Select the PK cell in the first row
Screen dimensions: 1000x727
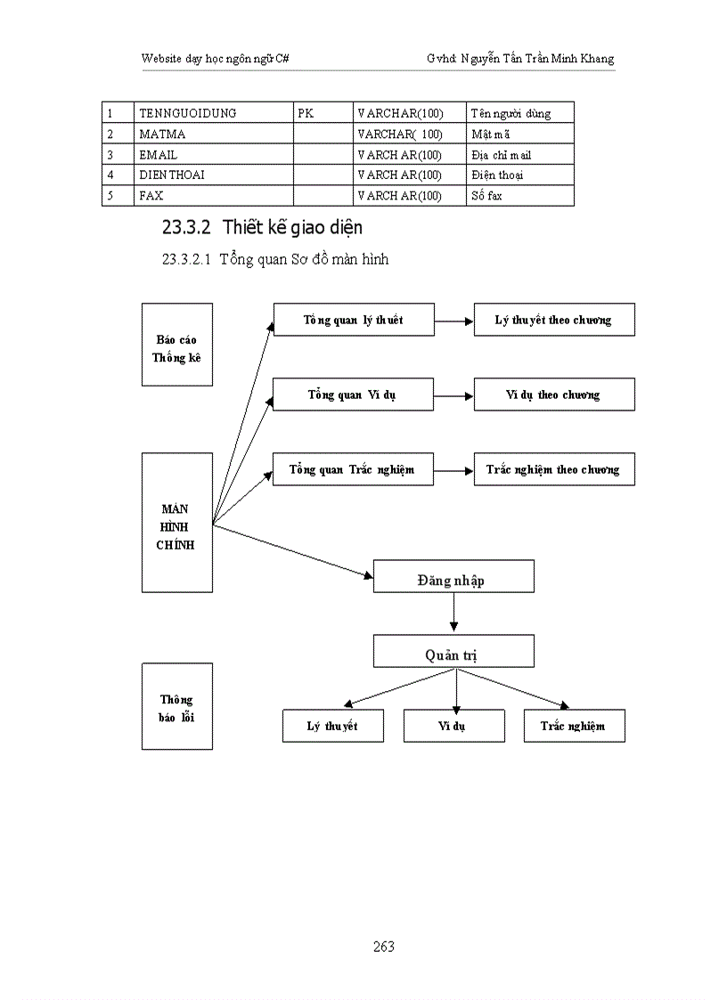click(323, 113)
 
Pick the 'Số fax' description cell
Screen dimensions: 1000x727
click(519, 196)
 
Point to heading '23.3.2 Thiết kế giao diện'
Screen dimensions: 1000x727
click(262, 228)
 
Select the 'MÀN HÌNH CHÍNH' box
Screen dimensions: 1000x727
click(176, 523)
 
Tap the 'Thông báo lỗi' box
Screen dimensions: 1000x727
click(176, 706)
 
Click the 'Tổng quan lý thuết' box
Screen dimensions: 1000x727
click(353, 320)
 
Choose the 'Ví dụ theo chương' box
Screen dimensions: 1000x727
click(553, 394)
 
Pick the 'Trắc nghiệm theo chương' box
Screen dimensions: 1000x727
click(553, 469)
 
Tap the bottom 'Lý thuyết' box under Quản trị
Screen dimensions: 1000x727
click(332, 726)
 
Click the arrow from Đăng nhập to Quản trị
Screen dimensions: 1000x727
click(453, 614)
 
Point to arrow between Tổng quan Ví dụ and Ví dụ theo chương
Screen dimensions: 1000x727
click(453, 394)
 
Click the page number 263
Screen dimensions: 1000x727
click(384, 947)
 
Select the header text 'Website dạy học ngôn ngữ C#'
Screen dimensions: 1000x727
click(214, 59)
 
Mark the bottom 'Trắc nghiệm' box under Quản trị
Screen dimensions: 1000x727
click(574, 726)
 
